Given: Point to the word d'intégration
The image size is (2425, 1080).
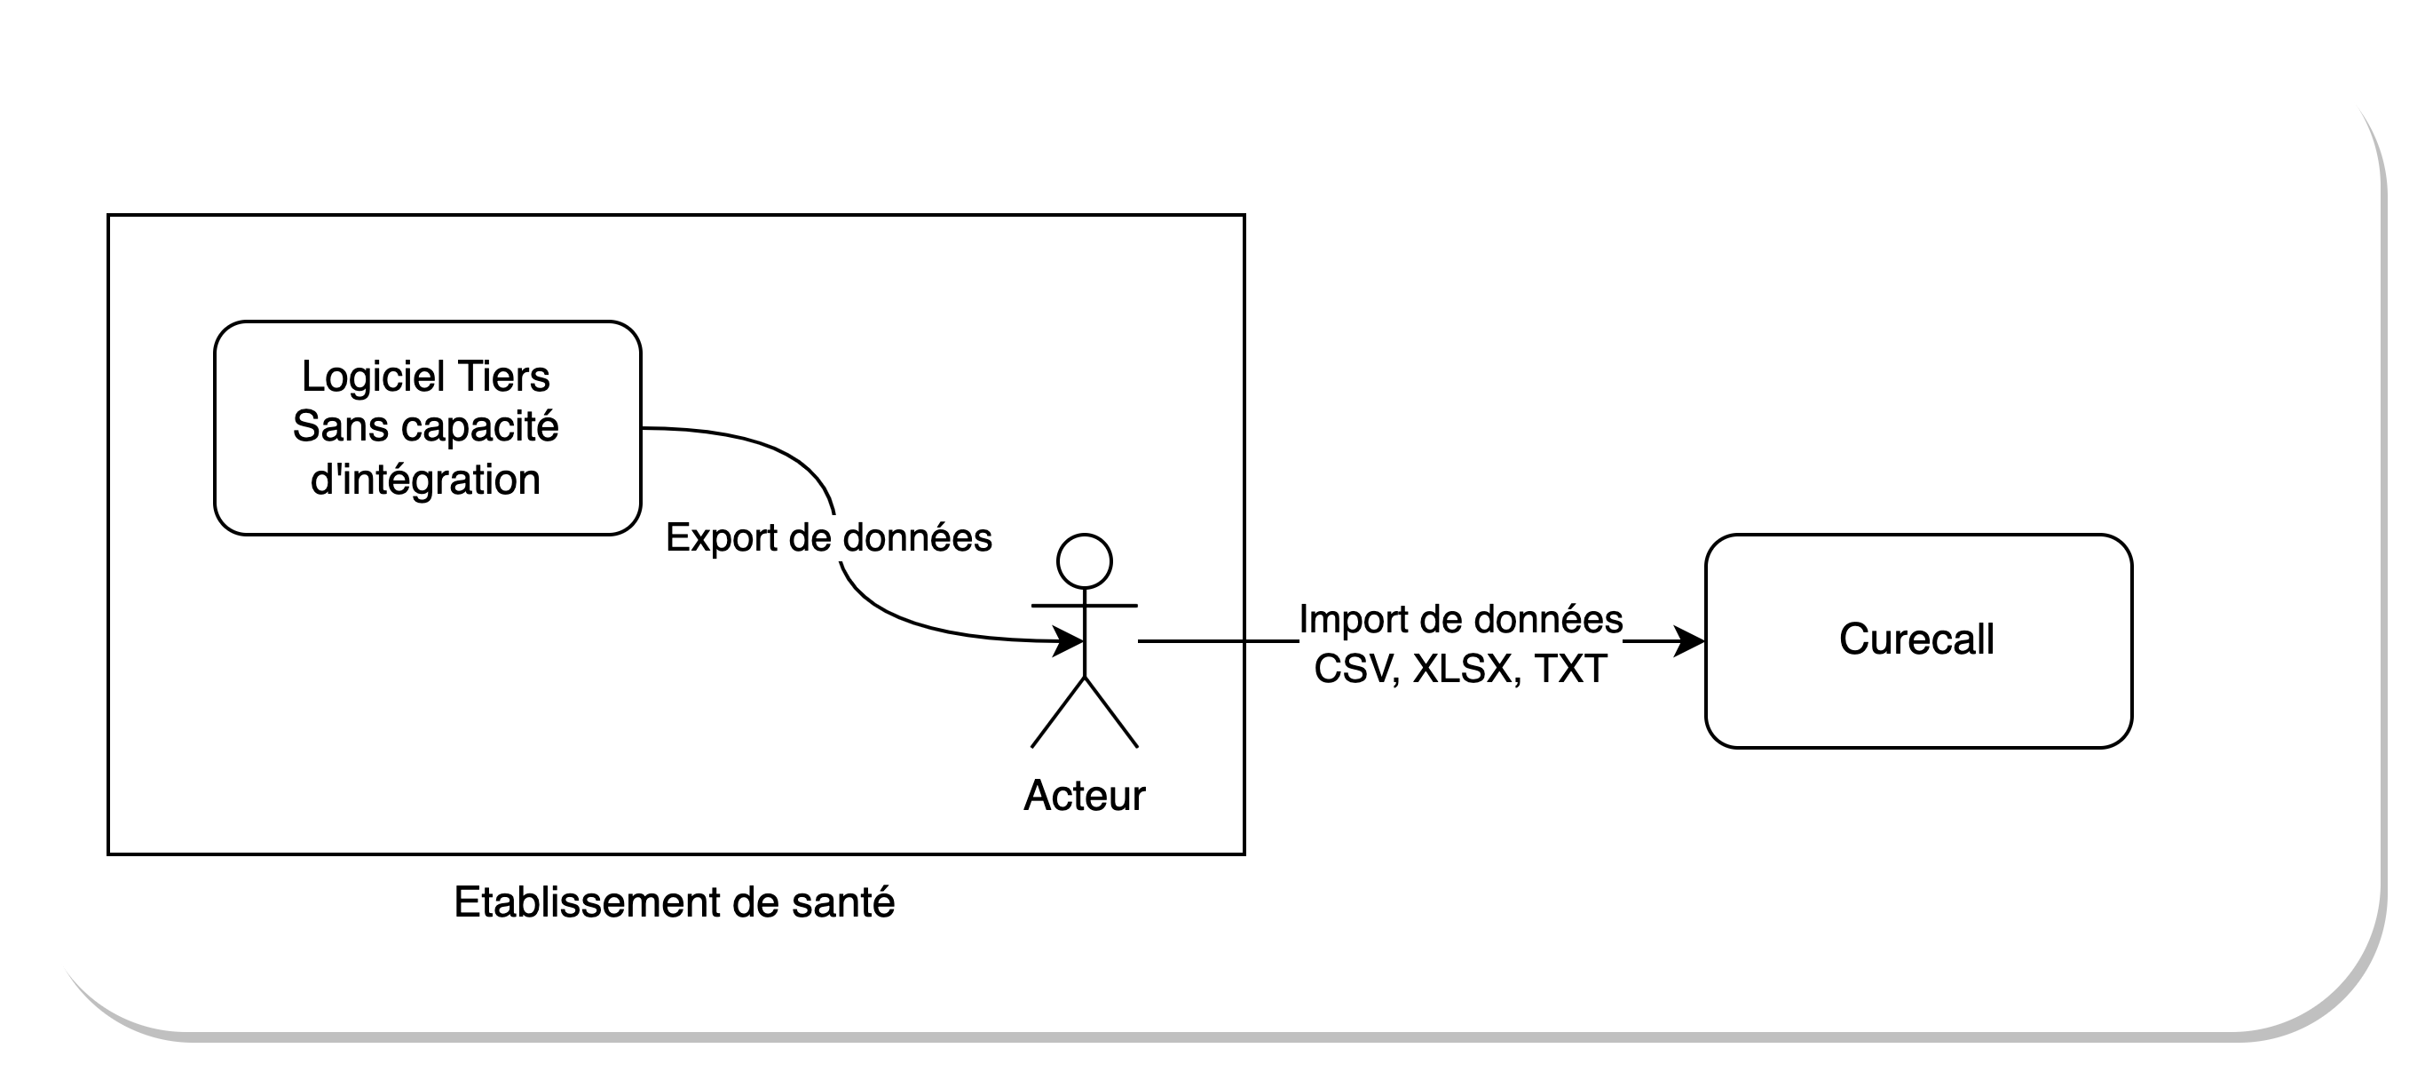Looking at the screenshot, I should click(425, 480).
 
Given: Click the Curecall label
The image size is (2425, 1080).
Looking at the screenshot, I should click(1916, 640).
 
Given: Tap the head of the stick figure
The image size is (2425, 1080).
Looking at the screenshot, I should click(1085, 562).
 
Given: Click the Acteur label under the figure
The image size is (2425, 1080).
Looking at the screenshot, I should click(1085, 797).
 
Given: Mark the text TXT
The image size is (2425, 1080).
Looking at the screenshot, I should click(1570, 670).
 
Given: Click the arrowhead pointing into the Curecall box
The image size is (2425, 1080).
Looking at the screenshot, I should click(1691, 642).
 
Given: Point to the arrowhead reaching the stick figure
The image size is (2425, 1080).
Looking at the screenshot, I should click(1070, 642).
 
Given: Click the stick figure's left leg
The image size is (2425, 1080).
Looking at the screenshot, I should click(1058, 713).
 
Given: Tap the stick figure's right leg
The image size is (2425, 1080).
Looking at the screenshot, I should click(1112, 713).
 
